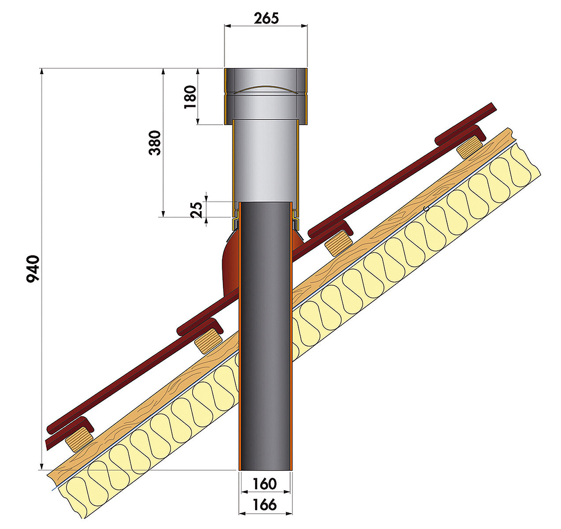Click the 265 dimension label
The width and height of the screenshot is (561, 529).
pyautogui.click(x=266, y=19)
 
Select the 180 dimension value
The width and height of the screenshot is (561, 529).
pyautogui.click(x=190, y=97)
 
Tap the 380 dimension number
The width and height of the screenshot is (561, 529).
pyautogui.click(x=155, y=143)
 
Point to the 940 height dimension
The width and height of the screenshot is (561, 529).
pyautogui.click(x=33, y=269)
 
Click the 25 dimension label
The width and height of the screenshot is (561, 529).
pyautogui.click(x=197, y=210)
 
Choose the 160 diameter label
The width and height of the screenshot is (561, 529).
pyautogui.click(x=265, y=484)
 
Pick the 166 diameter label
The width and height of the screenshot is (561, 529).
pyautogui.click(x=265, y=505)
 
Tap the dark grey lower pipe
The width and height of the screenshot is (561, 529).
pyautogui.click(x=265, y=336)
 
